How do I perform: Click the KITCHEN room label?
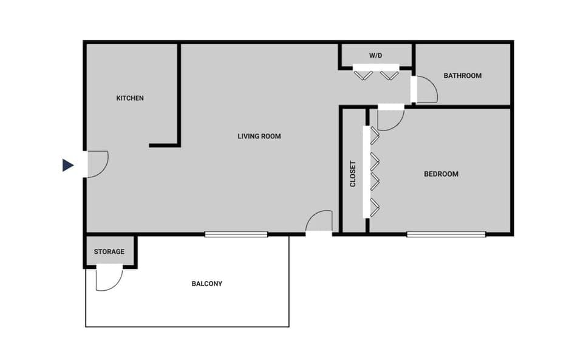click(x=130, y=98)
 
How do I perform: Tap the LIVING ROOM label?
click(x=259, y=137)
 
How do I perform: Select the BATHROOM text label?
click(x=462, y=76)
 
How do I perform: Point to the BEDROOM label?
click(x=441, y=174)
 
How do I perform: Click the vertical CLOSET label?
click(x=353, y=174)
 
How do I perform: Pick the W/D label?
click(x=376, y=56)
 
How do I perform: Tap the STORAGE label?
click(x=109, y=252)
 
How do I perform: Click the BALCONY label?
click(x=207, y=284)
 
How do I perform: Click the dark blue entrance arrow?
click(x=67, y=165)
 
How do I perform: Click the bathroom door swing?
click(x=426, y=91)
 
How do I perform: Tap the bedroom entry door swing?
click(x=390, y=120)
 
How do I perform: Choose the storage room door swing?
click(x=109, y=278)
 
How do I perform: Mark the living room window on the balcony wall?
click(x=236, y=234)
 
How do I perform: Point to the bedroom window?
click(x=446, y=234)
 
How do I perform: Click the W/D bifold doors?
click(x=377, y=74)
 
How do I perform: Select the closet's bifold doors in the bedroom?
click(x=373, y=171)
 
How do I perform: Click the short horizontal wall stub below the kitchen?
click(x=164, y=146)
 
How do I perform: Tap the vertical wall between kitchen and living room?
click(x=179, y=94)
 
